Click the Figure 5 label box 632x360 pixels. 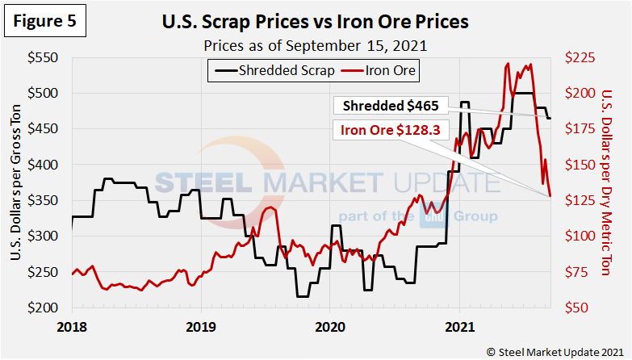pyautogui.click(x=46, y=22)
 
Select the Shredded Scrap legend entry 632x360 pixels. pyautogui.click(x=275, y=70)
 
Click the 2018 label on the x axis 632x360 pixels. pyautogui.click(x=72, y=327)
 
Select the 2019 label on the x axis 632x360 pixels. pyautogui.click(x=201, y=327)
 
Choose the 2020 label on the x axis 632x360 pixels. pyautogui.click(x=330, y=327)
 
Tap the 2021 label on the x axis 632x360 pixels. pyautogui.click(x=459, y=327)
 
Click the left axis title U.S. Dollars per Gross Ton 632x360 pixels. pyautogui.click(x=16, y=183)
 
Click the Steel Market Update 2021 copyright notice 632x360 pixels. pyautogui.click(x=556, y=351)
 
